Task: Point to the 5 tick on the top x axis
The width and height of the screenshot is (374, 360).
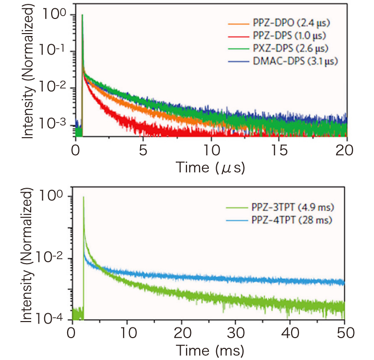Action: (143, 148)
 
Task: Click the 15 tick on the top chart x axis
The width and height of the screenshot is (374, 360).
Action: (278, 148)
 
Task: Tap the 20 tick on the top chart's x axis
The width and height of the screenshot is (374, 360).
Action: (346, 148)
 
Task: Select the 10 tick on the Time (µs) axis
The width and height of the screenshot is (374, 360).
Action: (210, 148)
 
